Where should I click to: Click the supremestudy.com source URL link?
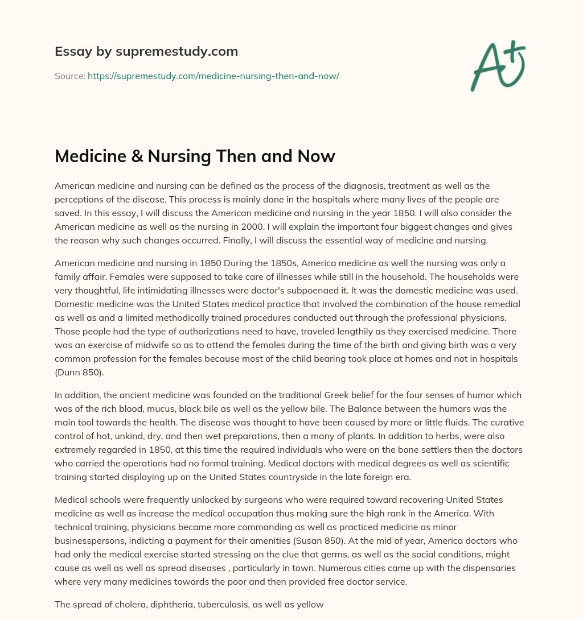coord(214,76)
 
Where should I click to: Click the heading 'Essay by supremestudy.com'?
coord(146,52)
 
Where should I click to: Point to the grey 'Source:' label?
coord(70,76)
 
